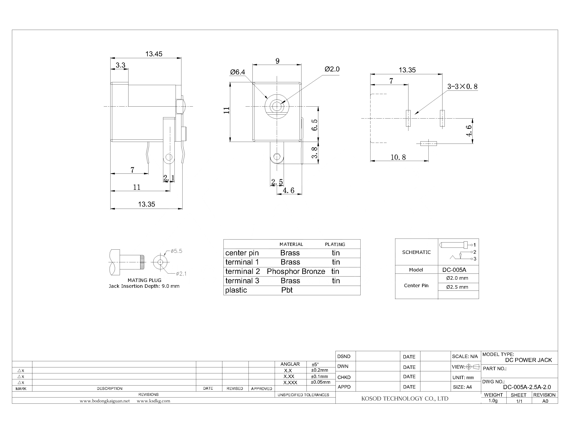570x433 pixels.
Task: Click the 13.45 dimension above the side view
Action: [154, 54]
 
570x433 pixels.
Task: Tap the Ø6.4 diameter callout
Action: [237, 72]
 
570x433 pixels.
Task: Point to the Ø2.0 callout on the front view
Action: [332, 69]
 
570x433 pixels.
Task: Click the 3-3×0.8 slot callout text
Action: [462, 86]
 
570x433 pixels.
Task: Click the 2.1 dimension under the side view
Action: [169, 178]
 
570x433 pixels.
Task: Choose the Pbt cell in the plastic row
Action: [287, 290]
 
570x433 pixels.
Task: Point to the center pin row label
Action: [242, 253]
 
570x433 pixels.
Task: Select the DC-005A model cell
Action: [454, 270]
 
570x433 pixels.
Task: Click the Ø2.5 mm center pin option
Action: [457, 287]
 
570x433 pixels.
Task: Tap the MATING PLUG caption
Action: [144, 280]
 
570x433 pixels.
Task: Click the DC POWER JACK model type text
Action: [528, 360]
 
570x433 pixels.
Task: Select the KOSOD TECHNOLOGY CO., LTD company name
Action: [405, 398]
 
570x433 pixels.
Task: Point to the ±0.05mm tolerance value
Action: [321, 382]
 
